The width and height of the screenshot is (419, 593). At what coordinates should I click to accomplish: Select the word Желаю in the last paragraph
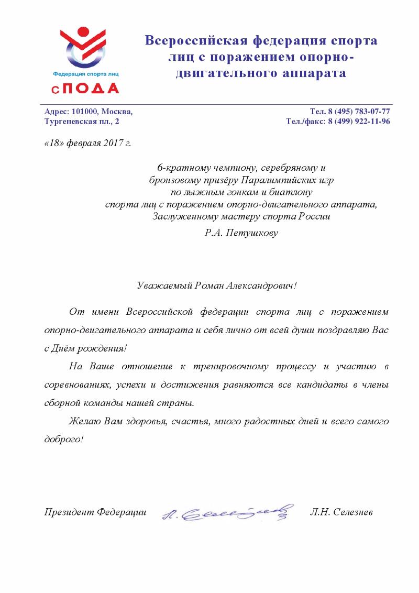tap(81, 421)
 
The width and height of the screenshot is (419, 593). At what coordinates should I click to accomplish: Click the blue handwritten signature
tap(226, 511)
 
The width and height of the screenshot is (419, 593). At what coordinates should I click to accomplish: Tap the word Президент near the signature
tap(67, 512)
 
